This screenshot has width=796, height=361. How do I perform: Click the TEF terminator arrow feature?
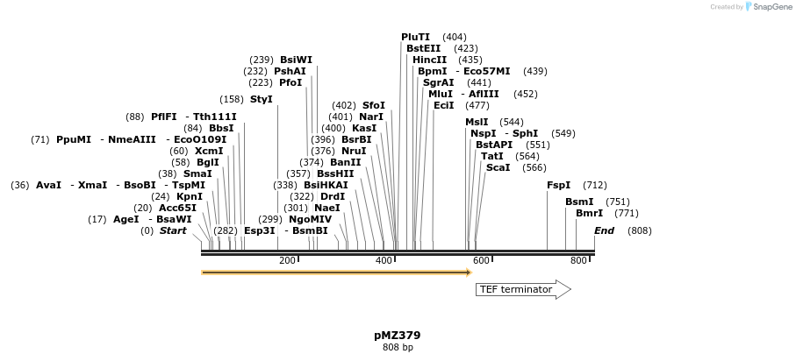[523, 289]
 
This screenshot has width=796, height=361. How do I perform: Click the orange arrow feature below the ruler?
[336, 273]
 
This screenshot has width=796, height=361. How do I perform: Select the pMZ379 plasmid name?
[398, 335]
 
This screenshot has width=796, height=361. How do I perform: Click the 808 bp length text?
[398, 348]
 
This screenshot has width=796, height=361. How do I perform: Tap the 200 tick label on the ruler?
[287, 261]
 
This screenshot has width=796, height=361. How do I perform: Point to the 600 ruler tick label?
[481, 261]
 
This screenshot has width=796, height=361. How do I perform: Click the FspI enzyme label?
[558, 185]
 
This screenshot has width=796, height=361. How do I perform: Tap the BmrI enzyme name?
[589, 213]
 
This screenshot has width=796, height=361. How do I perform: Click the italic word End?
[604, 230]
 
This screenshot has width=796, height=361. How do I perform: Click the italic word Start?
[173, 230]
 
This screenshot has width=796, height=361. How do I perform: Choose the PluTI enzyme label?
[416, 37]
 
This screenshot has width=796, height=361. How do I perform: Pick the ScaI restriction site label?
[498, 167]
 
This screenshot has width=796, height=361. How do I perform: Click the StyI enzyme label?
[262, 99]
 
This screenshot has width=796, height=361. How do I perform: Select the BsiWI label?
[296, 60]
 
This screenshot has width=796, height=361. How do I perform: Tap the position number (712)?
[595, 185]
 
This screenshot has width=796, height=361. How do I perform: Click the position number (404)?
[455, 37]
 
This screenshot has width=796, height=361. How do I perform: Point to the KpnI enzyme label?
[190, 196]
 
